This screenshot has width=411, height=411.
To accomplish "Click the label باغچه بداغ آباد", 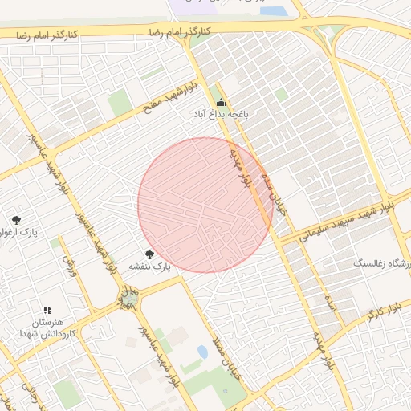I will (x=220, y=116).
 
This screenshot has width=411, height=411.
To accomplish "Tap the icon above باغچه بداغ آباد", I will (x=221, y=102).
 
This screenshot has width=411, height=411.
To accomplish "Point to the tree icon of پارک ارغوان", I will (x=16, y=220).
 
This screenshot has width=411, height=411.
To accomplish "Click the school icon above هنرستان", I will (x=47, y=310).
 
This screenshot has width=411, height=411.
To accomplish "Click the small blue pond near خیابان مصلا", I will (x=202, y=352).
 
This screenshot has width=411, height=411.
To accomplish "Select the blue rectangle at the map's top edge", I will (x=273, y=11).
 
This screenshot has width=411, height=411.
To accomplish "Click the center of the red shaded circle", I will (x=205, y=205).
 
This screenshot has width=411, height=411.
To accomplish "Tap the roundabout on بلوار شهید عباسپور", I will (x=128, y=300).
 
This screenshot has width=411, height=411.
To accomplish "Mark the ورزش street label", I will (x=71, y=266).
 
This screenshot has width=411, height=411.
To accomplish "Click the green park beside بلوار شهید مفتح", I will (x=120, y=103).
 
